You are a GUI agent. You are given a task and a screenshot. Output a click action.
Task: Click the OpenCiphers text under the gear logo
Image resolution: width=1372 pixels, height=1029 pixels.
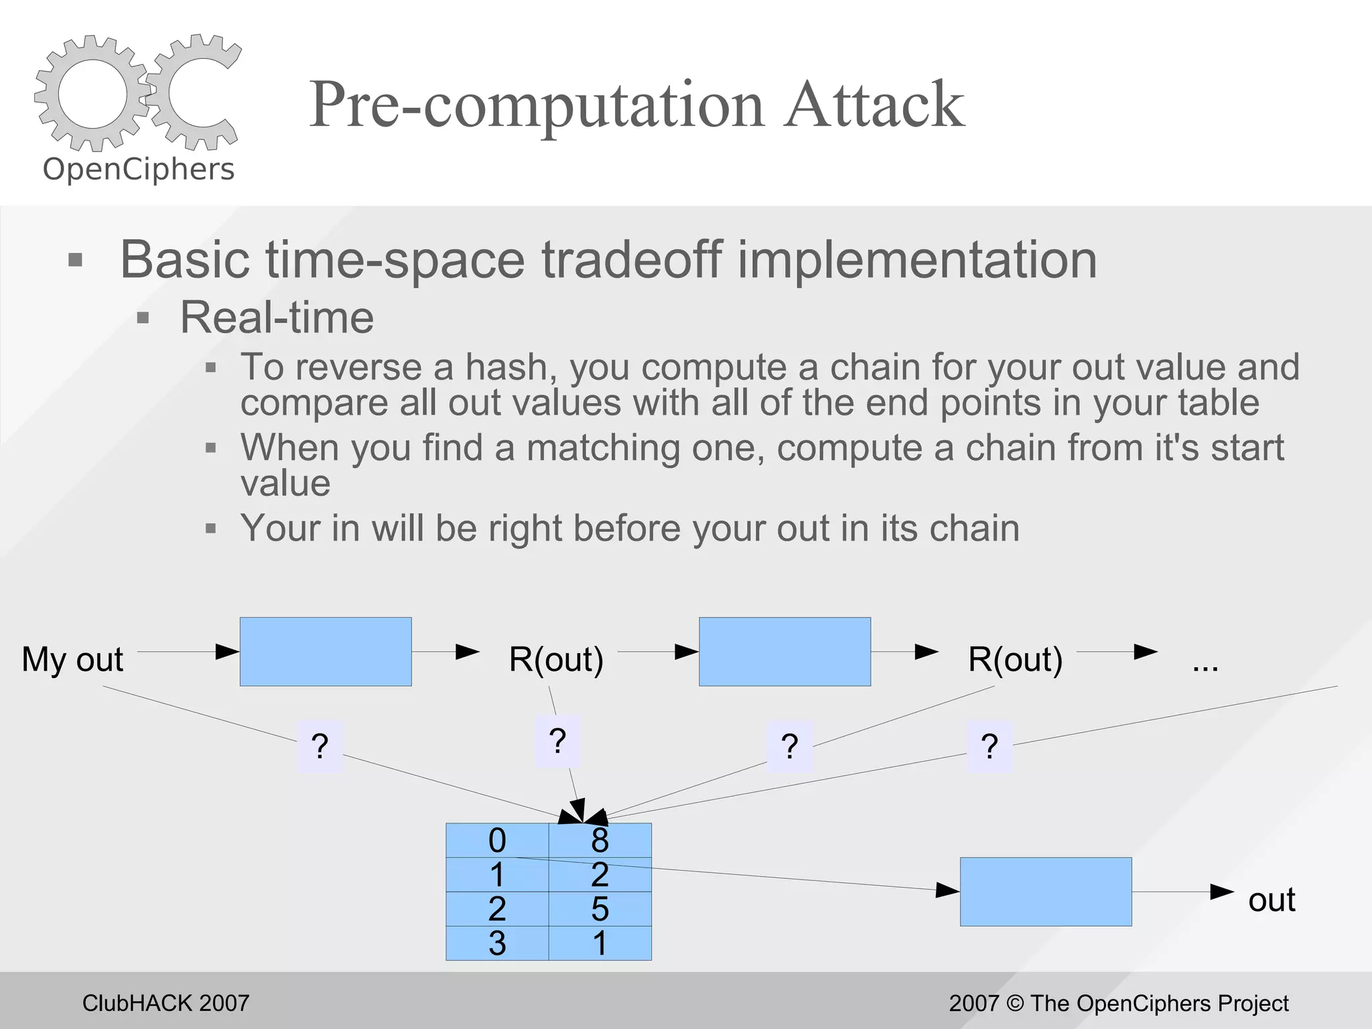[139, 169]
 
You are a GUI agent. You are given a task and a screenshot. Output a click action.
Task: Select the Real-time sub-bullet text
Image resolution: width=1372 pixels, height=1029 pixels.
[277, 317]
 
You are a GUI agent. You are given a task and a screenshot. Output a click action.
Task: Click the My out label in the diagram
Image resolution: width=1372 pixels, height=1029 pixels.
[72, 659]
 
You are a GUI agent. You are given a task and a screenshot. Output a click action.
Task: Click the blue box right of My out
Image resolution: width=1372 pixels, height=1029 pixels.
[326, 652]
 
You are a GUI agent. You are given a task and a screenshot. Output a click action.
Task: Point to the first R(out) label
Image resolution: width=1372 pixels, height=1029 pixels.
[556, 659]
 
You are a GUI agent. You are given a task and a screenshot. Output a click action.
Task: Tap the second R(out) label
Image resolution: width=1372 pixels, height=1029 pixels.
[1015, 659]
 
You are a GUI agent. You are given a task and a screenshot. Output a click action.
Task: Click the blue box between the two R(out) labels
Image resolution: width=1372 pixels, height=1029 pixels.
[784, 652]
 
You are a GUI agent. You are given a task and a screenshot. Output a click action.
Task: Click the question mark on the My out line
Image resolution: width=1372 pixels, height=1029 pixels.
[320, 746]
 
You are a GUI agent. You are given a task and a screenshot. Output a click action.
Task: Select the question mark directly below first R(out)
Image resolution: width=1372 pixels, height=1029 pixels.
[557, 741]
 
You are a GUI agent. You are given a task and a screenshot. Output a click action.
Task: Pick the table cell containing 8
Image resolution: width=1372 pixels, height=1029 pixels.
[600, 841]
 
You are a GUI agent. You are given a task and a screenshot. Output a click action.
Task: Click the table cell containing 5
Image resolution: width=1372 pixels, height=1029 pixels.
[600, 909]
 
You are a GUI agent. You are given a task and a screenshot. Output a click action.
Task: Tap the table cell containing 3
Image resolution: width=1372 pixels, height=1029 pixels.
[497, 943]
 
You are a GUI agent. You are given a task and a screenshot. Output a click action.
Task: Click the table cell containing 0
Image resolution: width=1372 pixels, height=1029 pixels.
[497, 841]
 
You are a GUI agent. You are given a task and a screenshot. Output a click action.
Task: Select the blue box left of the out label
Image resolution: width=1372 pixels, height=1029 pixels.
[1046, 892]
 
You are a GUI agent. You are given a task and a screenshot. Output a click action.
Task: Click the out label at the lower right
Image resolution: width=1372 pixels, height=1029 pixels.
[1272, 900]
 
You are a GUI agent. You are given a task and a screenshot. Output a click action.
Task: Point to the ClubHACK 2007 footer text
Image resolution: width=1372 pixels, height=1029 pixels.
[165, 1003]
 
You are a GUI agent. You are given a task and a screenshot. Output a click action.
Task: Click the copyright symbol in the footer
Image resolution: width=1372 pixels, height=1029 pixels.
[1016, 1003]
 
